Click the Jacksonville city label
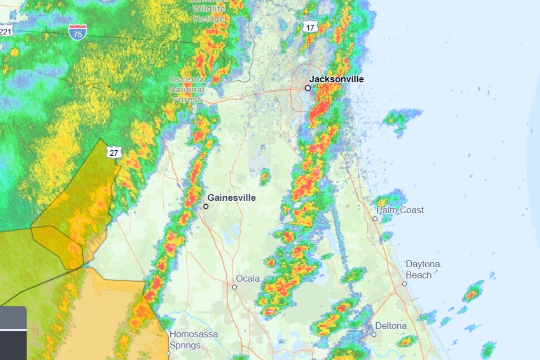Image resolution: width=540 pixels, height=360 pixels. [x=337, y=79]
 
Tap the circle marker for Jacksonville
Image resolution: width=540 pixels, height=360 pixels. [x=308, y=88]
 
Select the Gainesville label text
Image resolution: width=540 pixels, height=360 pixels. [x=231, y=198]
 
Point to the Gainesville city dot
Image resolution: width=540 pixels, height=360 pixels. [x=206, y=207]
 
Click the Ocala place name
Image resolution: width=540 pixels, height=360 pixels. [x=248, y=279]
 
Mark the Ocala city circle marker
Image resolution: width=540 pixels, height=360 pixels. [x=234, y=287]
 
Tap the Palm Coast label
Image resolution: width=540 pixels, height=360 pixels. [x=400, y=210]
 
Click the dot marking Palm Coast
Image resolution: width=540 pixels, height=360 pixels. [x=375, y=219]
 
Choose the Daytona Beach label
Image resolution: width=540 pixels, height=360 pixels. [x=423, y=270]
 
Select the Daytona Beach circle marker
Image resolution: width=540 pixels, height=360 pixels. [x=405, y=284]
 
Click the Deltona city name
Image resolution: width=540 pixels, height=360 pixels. [x=391, y=326]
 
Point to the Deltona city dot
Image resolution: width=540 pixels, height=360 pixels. [x=373, y=334]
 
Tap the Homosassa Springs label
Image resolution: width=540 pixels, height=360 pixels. [x=193, y=340]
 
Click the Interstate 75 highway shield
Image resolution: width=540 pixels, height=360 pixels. [x=77, y=32]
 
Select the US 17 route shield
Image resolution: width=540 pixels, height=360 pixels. [x=310, y=27]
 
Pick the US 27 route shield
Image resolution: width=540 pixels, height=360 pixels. [x=114, y=153]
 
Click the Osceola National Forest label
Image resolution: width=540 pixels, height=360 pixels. [x=187, y=90]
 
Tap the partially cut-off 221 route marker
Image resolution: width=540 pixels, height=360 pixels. [x=6, y=31]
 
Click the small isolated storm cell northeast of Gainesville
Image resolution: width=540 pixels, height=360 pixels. [x=265, y=177]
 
